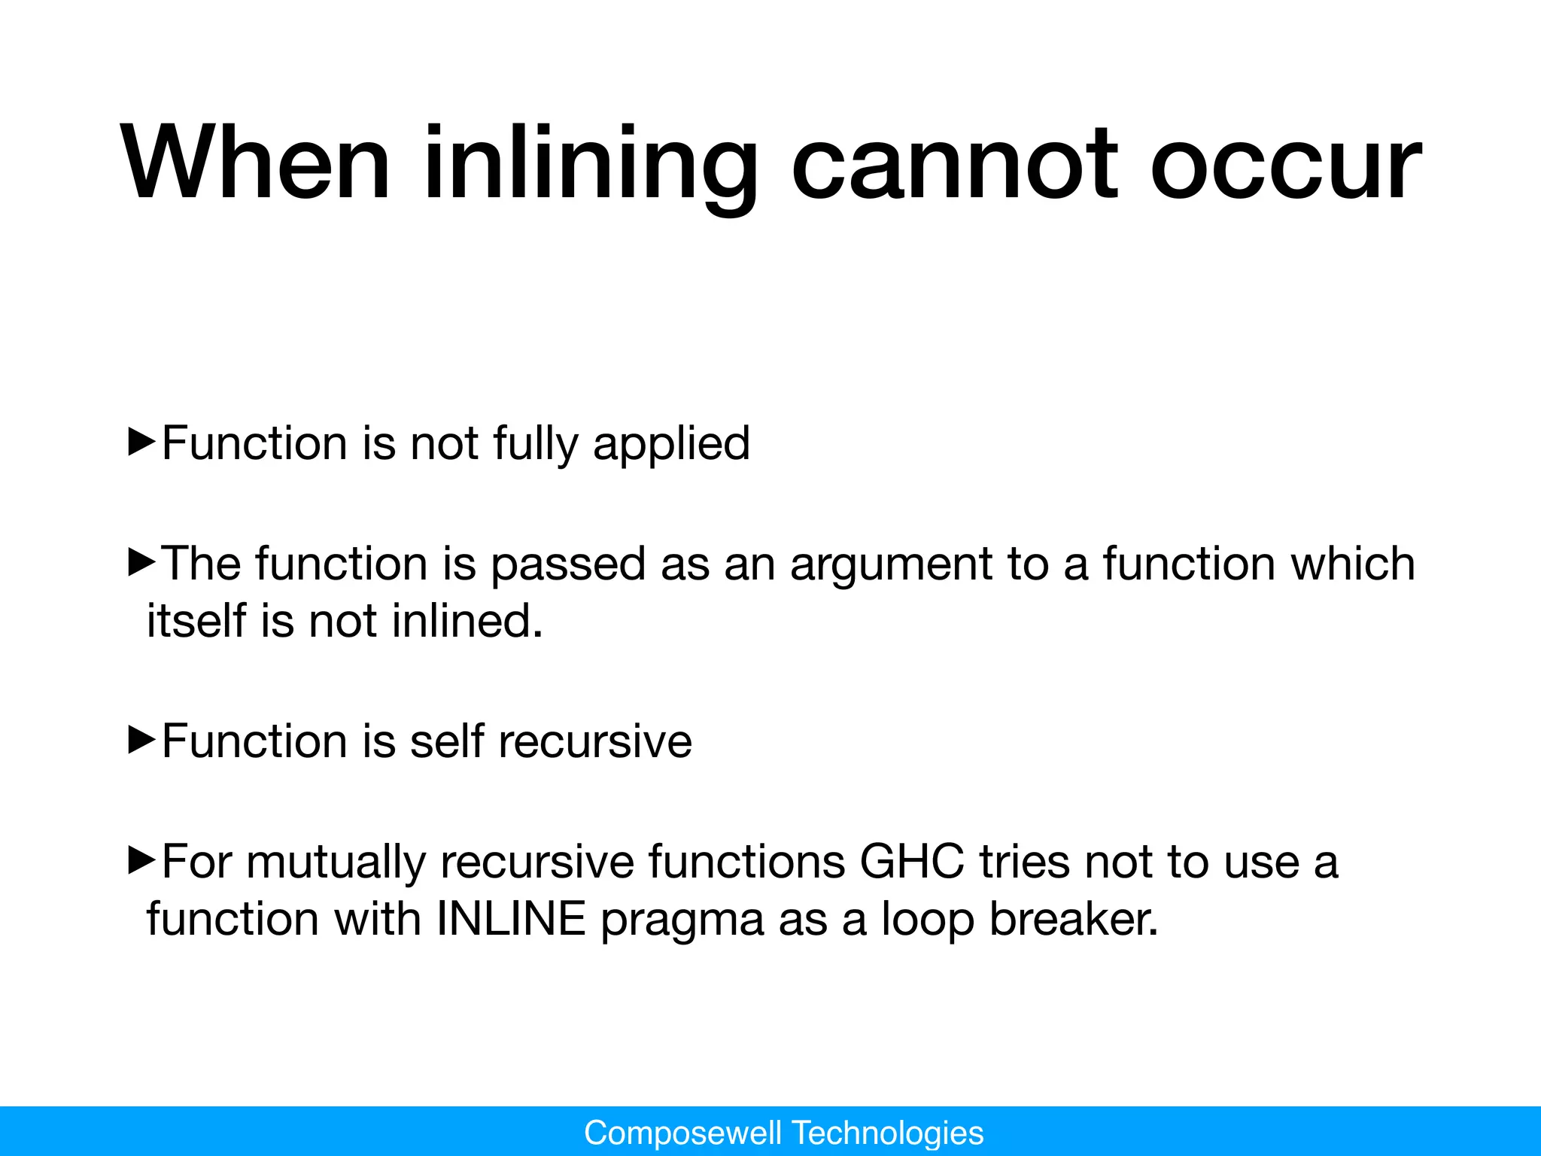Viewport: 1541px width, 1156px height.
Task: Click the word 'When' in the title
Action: [x=256, y=163]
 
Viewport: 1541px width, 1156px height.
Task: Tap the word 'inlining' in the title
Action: [x=590, y=163]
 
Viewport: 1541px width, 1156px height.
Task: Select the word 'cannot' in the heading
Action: [x=954, y=163]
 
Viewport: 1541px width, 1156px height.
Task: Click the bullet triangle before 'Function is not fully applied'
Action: [x=141, y=442]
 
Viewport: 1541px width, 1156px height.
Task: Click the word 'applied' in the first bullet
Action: [x=671, y=443]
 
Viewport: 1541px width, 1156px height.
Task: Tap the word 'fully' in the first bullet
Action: [x=536, y=443]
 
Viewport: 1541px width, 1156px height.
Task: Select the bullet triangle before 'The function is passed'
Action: [x=141, y=562]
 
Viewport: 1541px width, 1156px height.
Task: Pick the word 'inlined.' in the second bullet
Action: [x=467, y=621]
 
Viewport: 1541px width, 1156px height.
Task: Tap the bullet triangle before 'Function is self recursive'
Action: [x=141, y=740]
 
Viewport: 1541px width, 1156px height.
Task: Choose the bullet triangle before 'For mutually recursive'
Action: [x=141, y=860]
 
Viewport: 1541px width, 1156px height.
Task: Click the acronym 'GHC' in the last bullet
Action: [x=912, y=862]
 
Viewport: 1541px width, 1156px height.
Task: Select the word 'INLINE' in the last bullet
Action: [x=511, y=919]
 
